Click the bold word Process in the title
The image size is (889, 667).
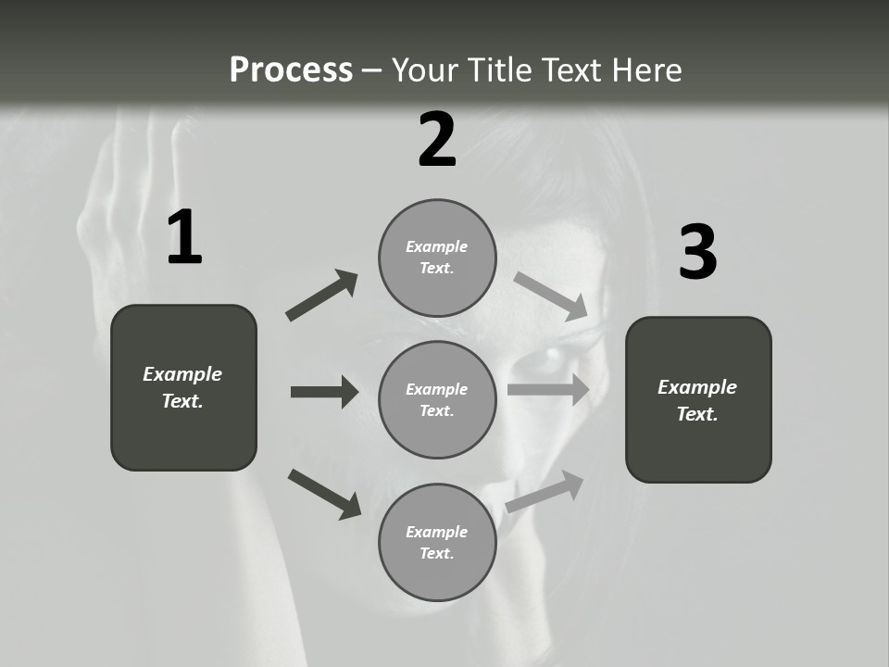point(291,70)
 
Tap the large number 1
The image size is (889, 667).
point(184,238)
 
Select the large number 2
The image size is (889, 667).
point(437,141)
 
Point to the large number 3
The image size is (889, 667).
point(698,253)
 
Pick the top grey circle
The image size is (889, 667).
point(437,258)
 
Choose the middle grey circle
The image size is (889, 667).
point(437,400)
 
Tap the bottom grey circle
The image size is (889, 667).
point(437,543)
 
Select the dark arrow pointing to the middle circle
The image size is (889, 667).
point(324,392)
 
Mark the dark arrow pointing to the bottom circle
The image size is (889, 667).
point(324,493)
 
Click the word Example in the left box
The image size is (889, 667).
point(182,374)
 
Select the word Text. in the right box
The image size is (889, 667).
point(697,414)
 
